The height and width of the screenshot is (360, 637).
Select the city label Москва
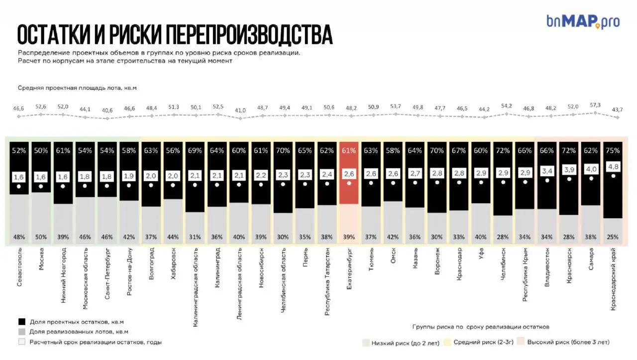point(41,259)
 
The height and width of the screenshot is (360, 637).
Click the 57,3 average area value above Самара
point(595,105)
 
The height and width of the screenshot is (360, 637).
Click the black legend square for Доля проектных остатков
point(21,321)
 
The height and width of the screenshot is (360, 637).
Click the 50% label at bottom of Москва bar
point(41,237)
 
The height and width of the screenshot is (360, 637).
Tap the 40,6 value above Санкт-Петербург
point(107,111)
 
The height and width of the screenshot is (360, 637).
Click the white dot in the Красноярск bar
point(569,178)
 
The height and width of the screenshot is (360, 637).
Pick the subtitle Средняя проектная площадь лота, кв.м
point(77,88)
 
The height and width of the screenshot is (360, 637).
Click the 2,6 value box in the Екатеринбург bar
point(349,174)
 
